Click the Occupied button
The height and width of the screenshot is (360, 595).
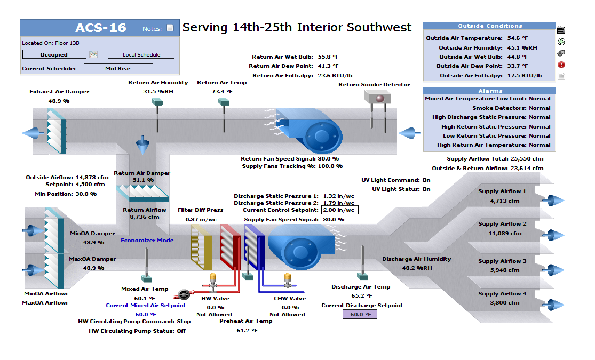54,54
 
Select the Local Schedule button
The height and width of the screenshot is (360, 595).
141,54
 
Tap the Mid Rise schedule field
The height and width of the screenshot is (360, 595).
118,68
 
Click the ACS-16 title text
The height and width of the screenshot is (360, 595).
101,28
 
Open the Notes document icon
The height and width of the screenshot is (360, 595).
170,28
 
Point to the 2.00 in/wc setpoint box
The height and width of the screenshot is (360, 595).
339,210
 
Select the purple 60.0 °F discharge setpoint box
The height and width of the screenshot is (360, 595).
360,315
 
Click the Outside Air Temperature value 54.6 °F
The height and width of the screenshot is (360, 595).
517,38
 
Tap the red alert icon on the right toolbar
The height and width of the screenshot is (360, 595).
561,65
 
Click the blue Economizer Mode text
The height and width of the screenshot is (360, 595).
147,240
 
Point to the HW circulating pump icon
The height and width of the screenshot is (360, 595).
185,294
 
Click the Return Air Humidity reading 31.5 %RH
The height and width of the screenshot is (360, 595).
158,92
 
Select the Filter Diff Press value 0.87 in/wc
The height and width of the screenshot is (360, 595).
201,219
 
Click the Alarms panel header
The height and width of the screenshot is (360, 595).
490,91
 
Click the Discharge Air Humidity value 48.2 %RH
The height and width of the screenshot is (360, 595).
417,268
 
